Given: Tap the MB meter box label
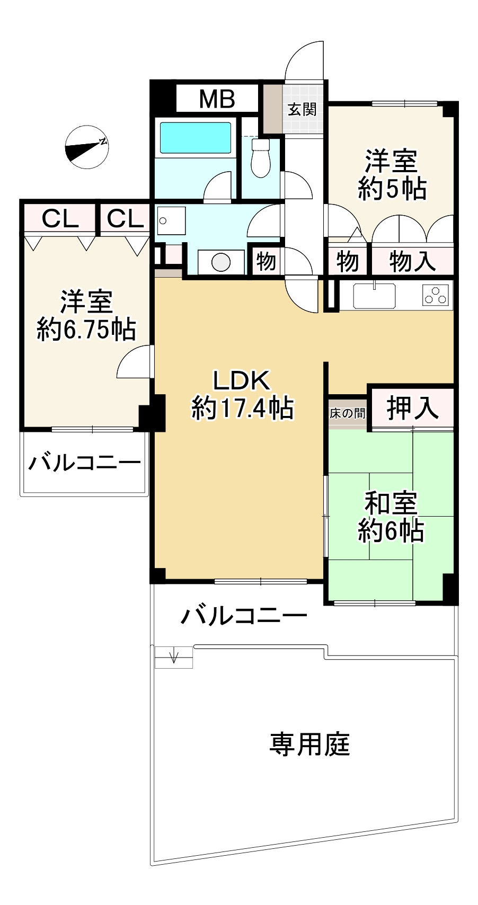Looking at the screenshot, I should pos(217,99).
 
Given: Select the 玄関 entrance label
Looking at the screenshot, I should pos(302,109).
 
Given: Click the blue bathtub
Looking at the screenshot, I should pos(196,138).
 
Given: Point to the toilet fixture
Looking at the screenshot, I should pos(260,157).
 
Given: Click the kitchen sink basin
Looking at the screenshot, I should pos(375,296).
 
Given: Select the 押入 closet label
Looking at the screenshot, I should pos(413,407).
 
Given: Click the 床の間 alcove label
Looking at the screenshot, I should pos(347,413).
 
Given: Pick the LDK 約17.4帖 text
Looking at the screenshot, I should pos(242,394).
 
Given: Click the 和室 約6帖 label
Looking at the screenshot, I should pos(391,517).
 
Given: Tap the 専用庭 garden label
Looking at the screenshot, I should pos(310,743).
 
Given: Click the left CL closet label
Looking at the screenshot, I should pos(59,218).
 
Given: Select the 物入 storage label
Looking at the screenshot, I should pos(412,261).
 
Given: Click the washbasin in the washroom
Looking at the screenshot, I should pos(171,220).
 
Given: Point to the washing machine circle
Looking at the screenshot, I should pos(221,262).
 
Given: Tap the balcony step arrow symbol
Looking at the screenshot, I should pos(173,657).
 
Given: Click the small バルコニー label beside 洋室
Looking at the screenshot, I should pos(85,463).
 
